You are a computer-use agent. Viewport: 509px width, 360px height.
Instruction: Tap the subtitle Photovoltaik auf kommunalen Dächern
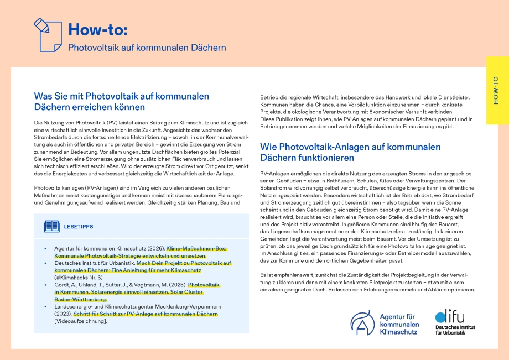pyautogui.click(x=147, y=48)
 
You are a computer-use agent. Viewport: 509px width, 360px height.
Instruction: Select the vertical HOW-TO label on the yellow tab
pyautogui.click(x=495, y=90)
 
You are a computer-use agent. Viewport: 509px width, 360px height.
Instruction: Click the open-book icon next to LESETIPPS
pyautogui.click(x=51, y=226)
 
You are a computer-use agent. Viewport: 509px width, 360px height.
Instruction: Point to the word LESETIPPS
pyautogui.click(x=79, y=227)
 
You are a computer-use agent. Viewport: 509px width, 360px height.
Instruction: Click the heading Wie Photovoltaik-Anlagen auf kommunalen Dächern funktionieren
pyautogui.click(x=350, y=152)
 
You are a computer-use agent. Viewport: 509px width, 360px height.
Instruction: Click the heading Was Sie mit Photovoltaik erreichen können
pyautogui.click(x=121, y=101)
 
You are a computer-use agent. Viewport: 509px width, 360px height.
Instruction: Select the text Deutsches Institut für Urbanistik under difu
pyautogui.click(x=455, y=330)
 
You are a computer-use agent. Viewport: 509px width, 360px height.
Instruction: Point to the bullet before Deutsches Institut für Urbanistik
pyautogui.click(x=45, y=263)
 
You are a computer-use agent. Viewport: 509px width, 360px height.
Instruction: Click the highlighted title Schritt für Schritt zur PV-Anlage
pyautogui.click(x=146, y=314)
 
